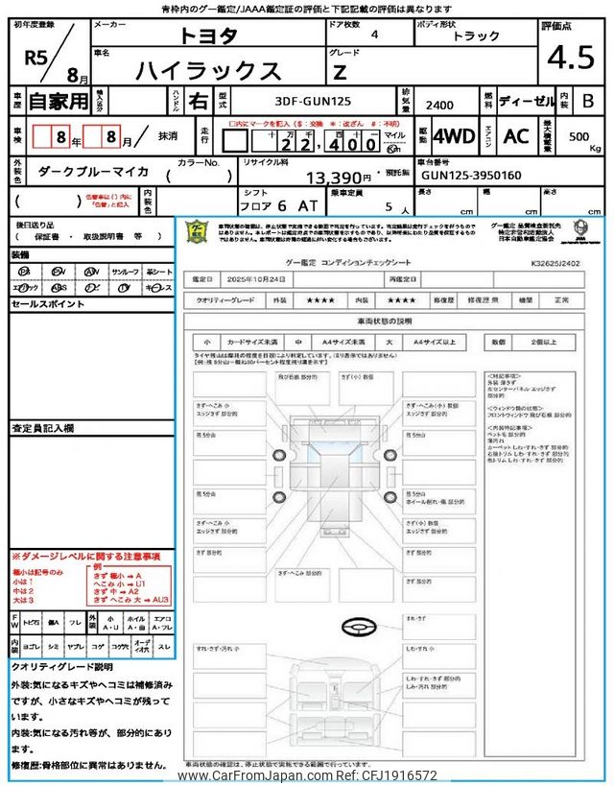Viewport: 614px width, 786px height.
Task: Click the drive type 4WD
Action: click(454, 136)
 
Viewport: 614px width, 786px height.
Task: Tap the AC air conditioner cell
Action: click(516, 136)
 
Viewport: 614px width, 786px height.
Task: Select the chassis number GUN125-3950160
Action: click(470, 176)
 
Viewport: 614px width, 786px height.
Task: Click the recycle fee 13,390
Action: click(338, 178)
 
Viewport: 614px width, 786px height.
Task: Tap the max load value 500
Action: click(579, 136)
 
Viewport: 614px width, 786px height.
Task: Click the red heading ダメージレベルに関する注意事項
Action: click(88, 556)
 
